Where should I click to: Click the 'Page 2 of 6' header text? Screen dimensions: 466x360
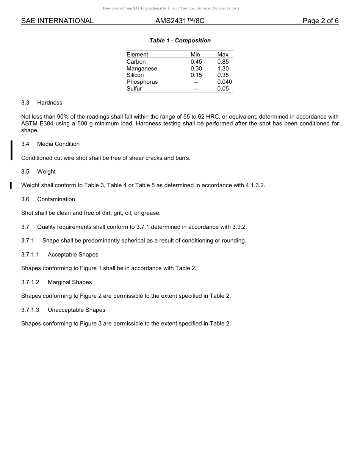[x=320, y=21]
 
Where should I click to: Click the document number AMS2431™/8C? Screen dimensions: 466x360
[x=180, y=21]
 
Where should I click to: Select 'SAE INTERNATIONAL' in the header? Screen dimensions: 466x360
[x=57, y=21]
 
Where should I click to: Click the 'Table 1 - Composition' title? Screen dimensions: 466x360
[x=180, y=41]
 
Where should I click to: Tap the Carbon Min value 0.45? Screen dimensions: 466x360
[x=196, y=62]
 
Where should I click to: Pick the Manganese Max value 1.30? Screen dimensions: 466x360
[x=223, y=69]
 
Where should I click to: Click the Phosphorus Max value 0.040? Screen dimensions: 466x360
[x=224, y=82]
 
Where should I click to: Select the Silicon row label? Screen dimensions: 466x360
[x=135, y=75]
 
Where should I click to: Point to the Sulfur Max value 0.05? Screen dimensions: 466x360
[x=223, y=89]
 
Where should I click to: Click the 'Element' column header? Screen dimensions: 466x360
[x=137, y=55]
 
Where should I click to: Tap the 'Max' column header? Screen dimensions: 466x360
[x=223, y=55]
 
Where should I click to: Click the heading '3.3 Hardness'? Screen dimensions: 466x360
[x=42, y=103]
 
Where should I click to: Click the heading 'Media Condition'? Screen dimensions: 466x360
[x=58, y=144]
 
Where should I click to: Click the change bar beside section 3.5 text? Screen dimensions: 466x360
[x=11, y=185]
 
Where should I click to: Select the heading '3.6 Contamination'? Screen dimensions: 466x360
[x=48, y=199]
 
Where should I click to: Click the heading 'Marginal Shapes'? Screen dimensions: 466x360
[x=70, y=282]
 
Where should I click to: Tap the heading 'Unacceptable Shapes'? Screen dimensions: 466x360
[x=76, y=310]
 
